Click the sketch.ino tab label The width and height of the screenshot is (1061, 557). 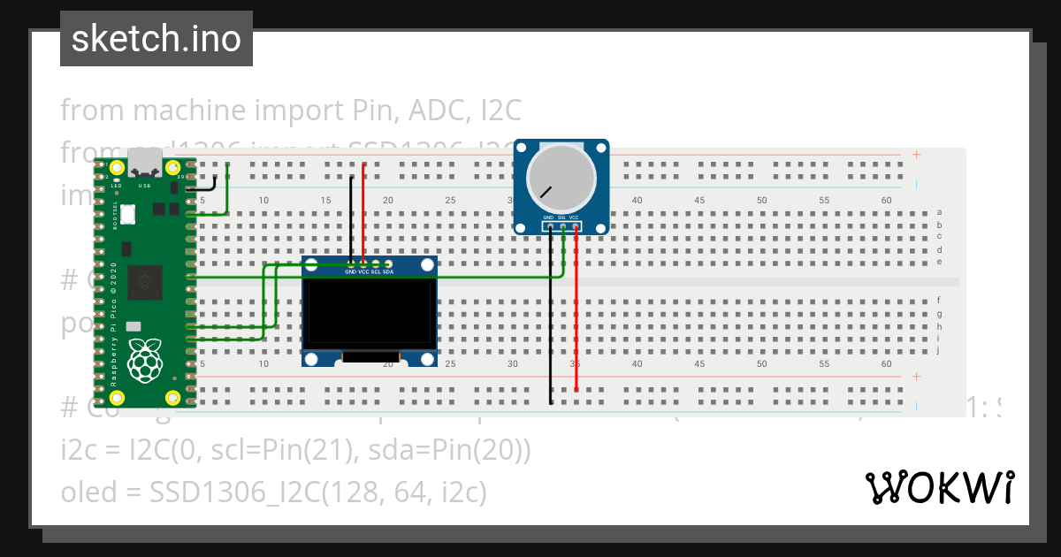pos(156,39)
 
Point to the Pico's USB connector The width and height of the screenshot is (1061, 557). pos(145,163)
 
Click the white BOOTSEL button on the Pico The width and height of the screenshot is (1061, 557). pos(129,213)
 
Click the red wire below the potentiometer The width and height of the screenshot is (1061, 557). pos(576,309)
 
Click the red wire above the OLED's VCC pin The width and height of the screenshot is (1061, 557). pos(364,212)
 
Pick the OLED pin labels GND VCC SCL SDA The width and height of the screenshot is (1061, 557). pos(370,271)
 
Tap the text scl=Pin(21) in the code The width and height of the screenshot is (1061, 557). pos(256,451)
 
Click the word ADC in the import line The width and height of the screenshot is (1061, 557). pos(441,111)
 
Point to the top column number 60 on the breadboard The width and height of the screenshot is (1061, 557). pos(887,201)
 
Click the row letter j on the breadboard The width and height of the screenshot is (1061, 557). pos(938,350)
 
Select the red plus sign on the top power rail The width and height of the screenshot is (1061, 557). pos(916,155)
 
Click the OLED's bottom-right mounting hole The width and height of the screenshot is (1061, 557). pos(428,358)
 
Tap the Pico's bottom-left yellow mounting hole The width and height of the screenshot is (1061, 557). pos(116,397)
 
